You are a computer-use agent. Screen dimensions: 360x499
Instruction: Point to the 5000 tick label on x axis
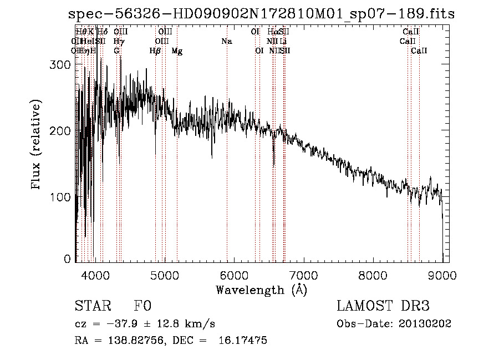(164, 275)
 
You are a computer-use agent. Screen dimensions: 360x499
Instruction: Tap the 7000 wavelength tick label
(303, 275)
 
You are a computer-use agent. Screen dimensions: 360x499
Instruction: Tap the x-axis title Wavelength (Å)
(261, 290)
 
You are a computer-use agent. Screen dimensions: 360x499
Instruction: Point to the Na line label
(226, 42)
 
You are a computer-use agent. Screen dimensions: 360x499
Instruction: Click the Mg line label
(177, 51)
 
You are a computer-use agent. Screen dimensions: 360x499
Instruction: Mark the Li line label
(283, 42)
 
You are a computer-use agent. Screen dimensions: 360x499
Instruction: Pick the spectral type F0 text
(142, 306)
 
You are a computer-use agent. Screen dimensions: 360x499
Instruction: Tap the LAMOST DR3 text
(383, 306)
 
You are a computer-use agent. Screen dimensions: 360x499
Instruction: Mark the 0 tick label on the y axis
(68, 259)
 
